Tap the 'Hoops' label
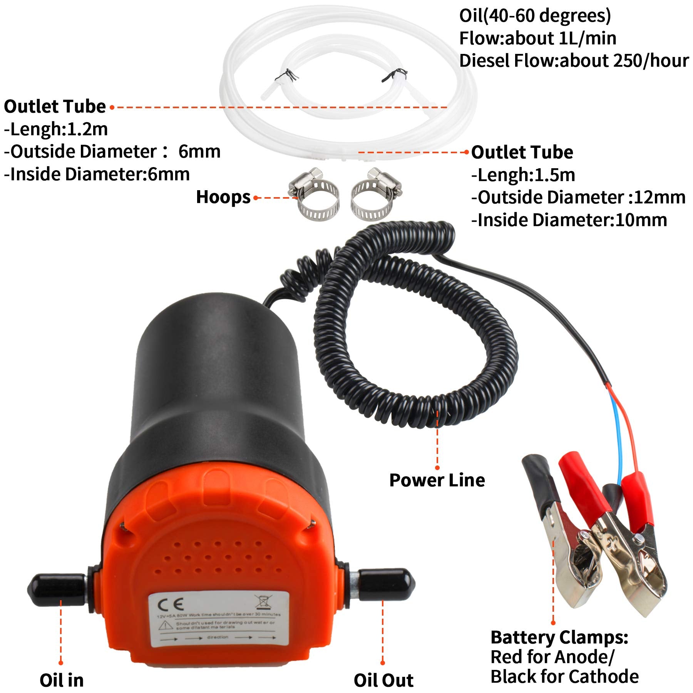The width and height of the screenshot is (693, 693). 223,197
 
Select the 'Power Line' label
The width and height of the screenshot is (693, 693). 437,480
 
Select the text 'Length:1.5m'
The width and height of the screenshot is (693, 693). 524,175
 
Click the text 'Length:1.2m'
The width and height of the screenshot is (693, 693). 56,129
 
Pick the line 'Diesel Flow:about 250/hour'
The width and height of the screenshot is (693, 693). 574,61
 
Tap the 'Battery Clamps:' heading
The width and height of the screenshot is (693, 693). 559,637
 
